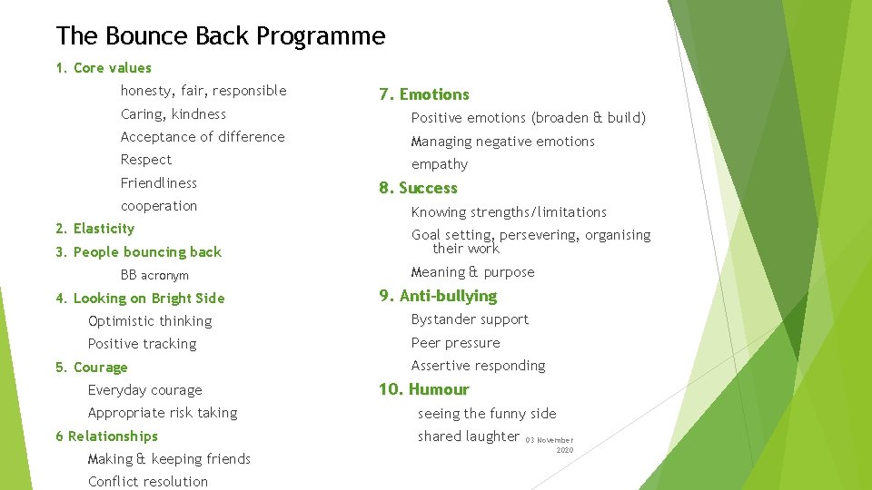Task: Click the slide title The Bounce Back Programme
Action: (x=221, y=36)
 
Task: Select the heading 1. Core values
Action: (x=104, y=68)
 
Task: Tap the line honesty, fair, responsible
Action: (x=203, y=91)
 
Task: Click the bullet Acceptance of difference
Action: (x=203, y=137)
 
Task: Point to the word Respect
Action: (x=146, y=160)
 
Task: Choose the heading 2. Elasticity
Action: (x=94, y=229)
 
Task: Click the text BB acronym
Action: (x=154, y=275)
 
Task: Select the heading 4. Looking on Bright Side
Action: (x=140, y=299)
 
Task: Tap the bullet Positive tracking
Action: (x=142, y=344)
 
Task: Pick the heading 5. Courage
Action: (x=92, y=367)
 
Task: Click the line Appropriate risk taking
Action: (x=163, y=413)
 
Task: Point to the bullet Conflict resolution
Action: (x=148, y=482)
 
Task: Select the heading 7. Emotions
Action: (x=423, y=94)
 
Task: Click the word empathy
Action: (x=440, y=164)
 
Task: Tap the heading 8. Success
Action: (x=418, y=188)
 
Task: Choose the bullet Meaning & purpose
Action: (x=472, y=272)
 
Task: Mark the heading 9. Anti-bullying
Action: (x=437, y=296)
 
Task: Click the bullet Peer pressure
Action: (x=455, y=343)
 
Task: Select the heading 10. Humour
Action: (x=423, y=389)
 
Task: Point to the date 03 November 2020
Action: (x=550, y=444)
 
